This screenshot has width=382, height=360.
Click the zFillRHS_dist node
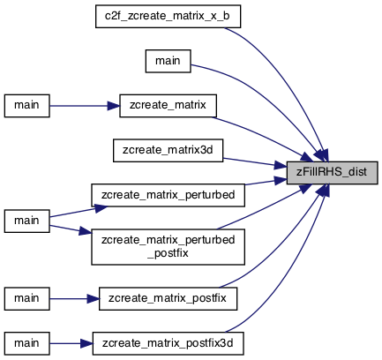coord(332,173)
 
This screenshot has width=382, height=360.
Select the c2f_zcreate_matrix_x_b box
coord(168,16)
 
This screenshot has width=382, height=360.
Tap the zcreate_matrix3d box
coord(168,150)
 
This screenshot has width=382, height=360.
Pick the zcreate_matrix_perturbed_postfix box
coord(168,247)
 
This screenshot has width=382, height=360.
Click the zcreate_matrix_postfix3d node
coord(168,343)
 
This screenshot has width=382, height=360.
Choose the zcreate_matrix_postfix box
coord(168,298)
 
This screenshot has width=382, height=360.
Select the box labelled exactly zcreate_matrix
coord(168,106)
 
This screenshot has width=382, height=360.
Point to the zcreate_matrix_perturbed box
coord(168,195)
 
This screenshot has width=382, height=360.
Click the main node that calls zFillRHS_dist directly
coord(168,61)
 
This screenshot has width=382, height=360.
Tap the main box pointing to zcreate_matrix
coord(26,106)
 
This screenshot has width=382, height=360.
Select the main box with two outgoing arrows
coord(26,221)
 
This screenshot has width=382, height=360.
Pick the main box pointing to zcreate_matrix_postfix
coord(26,298)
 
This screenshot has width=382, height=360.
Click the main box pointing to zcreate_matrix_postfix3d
coord(26,343)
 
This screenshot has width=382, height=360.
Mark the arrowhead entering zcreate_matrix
coord(114,106)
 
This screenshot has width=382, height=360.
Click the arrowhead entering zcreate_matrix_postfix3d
coord(86,343)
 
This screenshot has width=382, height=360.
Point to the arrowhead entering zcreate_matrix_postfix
coord(94,298)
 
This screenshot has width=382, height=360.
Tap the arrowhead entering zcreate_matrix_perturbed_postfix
coord(86,231)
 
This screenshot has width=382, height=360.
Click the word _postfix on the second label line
coord(168,253)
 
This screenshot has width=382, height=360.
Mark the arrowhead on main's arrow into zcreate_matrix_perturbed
coord(101,208)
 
